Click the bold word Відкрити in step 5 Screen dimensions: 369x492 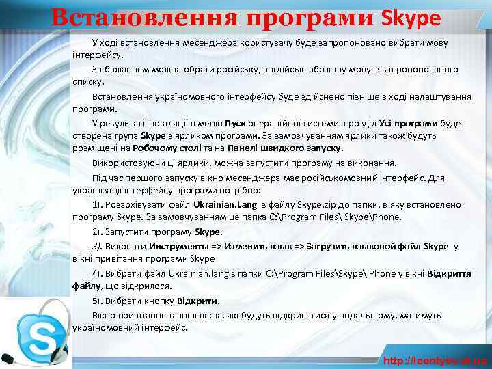pyautogui.click(x=199, y=301)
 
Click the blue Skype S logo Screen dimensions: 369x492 pyautogui.click(x=38, y=338)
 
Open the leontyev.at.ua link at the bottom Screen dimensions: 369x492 pyautogui.click(x=435, y=360)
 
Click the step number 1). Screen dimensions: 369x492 pyautogui.click(x=99, y=205)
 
